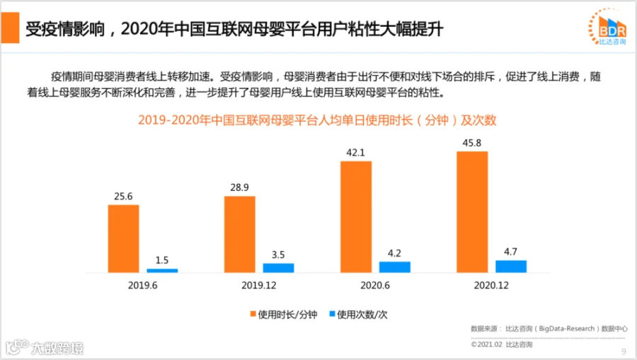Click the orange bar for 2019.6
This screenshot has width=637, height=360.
[123, 238]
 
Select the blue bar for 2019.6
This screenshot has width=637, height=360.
[162, 271]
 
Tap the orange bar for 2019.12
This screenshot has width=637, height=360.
[240, 235]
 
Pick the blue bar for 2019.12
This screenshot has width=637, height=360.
[278, 268]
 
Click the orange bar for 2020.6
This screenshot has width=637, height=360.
[356, 217]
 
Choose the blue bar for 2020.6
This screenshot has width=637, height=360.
[394, 267]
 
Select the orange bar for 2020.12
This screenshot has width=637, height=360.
[472, 212]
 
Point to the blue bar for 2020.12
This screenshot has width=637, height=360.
[510, 266]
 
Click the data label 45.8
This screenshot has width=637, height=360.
[471, 143]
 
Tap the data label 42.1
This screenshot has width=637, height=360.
[355, 153]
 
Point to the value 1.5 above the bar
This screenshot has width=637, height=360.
[161, 260]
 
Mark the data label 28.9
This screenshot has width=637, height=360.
[239, 187]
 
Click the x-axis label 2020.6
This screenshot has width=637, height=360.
[375, 285]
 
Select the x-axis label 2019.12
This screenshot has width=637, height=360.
[259, 285]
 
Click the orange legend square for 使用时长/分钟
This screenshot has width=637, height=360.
[253, 314]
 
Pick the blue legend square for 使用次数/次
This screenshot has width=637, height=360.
[332, 314]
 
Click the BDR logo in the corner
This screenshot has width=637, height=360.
[608, 27]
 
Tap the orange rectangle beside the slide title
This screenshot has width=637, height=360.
[10, 28]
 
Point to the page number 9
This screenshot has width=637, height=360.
[624, 352]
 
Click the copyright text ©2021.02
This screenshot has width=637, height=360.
[486, 344]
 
